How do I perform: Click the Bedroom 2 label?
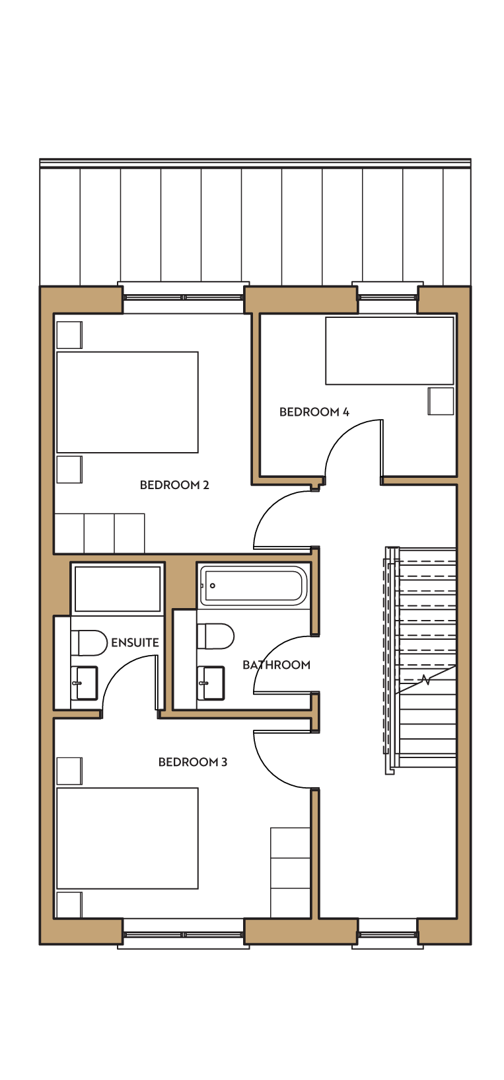[174, 484]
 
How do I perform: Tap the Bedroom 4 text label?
[314, 412]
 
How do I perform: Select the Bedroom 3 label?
[193, 762]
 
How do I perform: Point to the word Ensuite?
[135, 642]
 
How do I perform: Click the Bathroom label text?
[276, 665]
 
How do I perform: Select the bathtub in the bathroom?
[253, 586]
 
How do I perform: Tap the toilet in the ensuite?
[89, 642]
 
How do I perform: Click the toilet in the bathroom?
[215, 636]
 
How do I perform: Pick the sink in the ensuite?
[85, 683]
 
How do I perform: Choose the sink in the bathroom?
[211, 683]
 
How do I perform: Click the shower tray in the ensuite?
[117, 589]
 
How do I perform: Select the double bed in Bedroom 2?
[127, 402]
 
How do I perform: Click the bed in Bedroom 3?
[127, 838]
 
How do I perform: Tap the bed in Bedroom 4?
[389, 350]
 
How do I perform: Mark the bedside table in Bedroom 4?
[441, 401]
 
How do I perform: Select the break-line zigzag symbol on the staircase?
[425, 680]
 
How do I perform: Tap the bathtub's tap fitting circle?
[213, 586]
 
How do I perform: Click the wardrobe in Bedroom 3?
[290, 872]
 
